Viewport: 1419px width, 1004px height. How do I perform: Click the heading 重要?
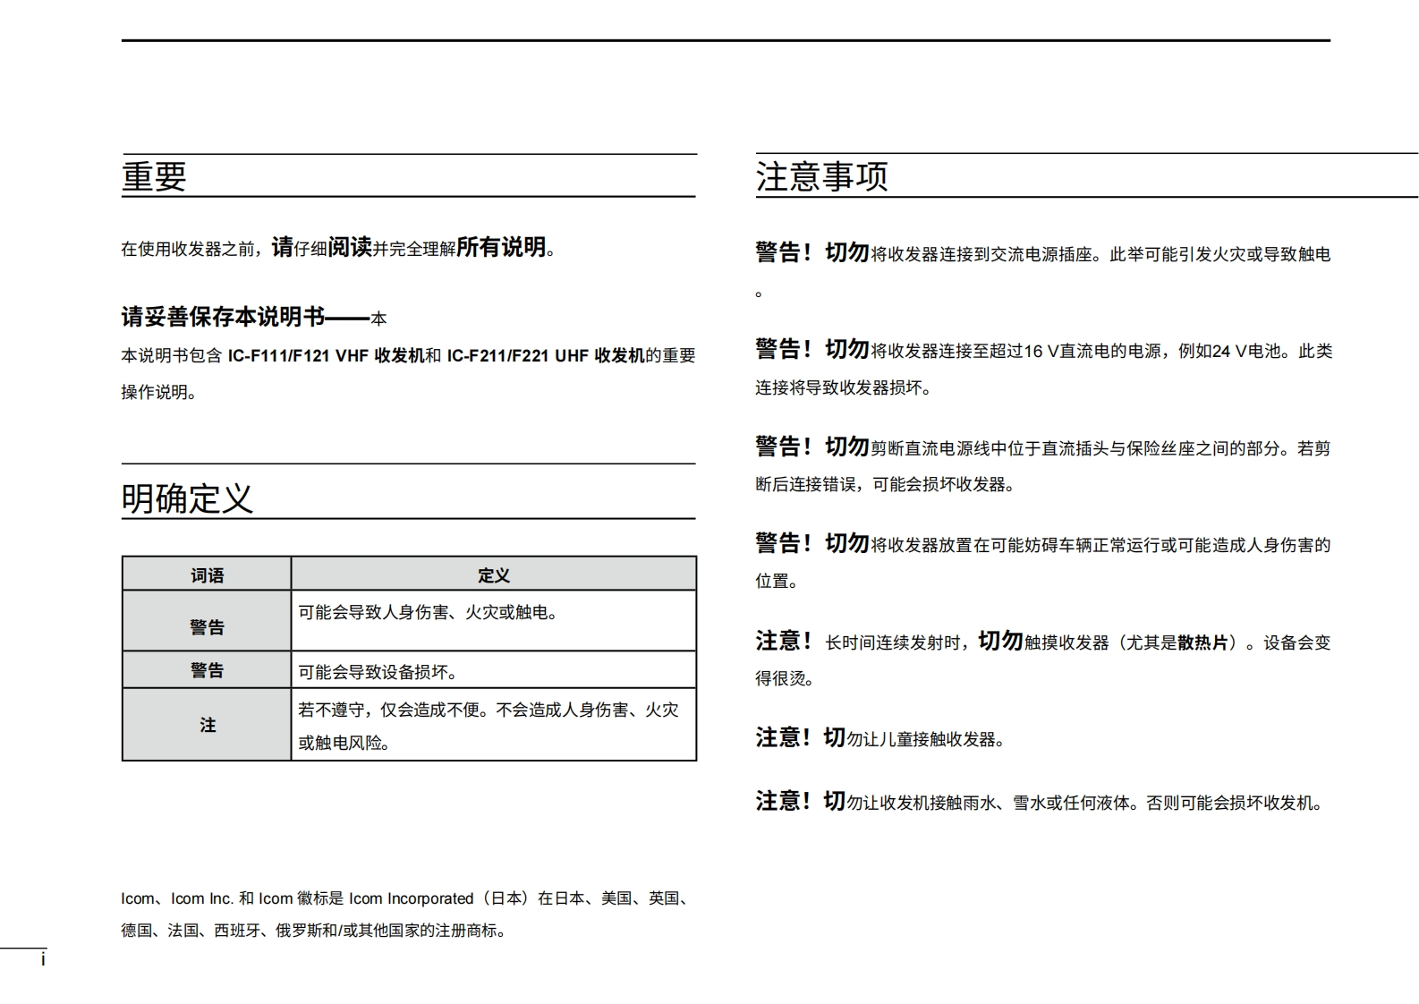pyautogui.click(x=154, y=176)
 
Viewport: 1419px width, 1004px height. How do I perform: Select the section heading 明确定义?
pyautogui.click(x=187, y=498)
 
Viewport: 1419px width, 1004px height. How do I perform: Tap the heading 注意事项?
pyautogui.click(x=821, y=176)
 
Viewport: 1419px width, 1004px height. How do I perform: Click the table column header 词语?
pyautogui.click(x=207, y=575)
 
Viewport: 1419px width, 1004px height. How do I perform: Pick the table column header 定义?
pyautogui.click(x=493, y=575)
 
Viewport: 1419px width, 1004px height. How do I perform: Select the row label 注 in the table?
pyautogui.click(x=208, y=725)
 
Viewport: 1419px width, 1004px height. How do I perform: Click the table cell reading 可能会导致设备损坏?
pyautogui.click(x=378, y=672)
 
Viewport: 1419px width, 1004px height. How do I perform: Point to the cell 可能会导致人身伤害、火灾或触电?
pyautogui.click(x=428, y=613)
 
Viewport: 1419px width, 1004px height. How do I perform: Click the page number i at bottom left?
pyautogui.click(x=43, y=960)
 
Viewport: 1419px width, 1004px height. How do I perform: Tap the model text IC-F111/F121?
pyautogui.click(x=278, y=356)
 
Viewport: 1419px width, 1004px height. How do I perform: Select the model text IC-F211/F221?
pyautogui.click(x=497, y=356)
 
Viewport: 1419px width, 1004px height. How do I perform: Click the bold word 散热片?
pyautogui.click(x=1202, y=642)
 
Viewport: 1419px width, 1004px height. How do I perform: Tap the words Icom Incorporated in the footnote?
pyautogui.click(x=411, y=898)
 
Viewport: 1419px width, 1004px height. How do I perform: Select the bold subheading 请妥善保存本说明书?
pyautogui.click(x=223, y=317)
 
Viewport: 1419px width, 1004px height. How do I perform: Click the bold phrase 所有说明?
pyautogui.click(x=501, y=248)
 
